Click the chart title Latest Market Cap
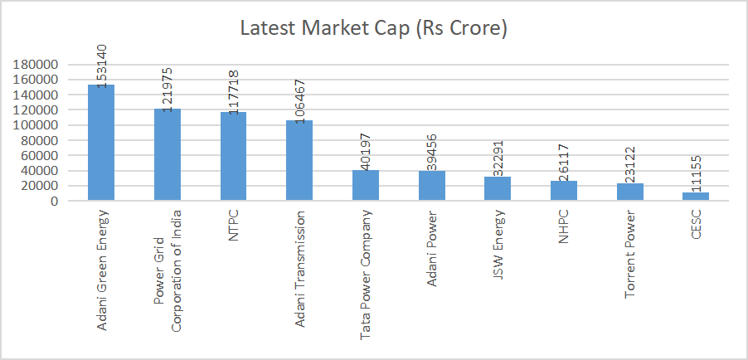click(x=373, y=28)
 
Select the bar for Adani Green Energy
click(x=101, y=143)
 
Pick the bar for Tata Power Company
click(x=365, y=185)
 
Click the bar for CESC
click(x=696, y=196)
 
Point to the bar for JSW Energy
click(x=498, y=188)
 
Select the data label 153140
click(x=101, y=66)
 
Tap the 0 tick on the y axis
click(x=52, y=201)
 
